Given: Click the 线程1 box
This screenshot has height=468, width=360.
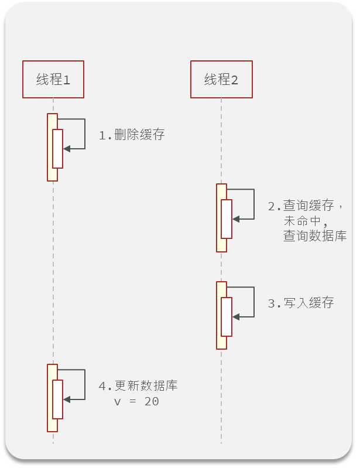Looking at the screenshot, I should (53, 79).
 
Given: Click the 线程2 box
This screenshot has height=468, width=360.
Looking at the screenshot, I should (221, 79).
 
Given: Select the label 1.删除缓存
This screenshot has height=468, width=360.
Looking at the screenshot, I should (132, 135).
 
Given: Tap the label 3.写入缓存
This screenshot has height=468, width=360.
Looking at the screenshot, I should (301, 303).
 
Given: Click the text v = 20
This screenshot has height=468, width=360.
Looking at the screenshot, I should (136, 402).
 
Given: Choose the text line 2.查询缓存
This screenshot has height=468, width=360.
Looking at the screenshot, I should (304, 206).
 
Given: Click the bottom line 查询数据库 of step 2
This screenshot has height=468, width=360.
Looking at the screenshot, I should (315, 236).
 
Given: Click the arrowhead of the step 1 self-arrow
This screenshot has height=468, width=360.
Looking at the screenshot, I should (66, 149).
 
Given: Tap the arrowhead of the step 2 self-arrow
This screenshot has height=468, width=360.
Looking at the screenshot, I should (235, 219).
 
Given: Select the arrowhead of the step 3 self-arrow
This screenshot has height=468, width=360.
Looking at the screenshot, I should (235, 317).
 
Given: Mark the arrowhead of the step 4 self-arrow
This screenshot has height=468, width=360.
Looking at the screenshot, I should (66, 399).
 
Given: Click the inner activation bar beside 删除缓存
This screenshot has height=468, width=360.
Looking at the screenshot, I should (57, 149).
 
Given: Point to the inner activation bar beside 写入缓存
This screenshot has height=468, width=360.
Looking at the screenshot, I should (227, 317).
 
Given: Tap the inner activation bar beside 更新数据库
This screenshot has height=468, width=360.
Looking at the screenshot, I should (57, 399).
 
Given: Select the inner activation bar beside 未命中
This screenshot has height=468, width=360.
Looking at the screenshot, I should (227, 219).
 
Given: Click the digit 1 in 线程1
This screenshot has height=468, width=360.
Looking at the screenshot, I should (66, 80).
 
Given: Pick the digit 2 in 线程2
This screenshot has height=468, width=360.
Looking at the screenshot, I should (235, 80).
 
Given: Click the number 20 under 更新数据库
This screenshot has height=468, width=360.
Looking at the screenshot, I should (152, 402).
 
